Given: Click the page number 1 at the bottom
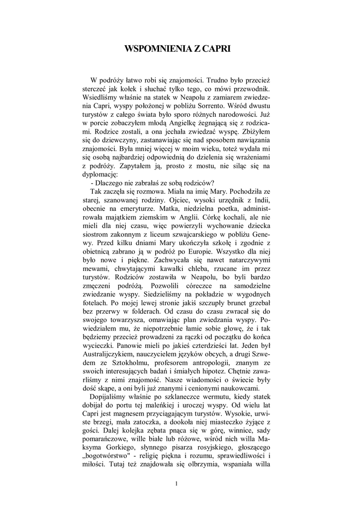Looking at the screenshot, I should pos(177,484).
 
